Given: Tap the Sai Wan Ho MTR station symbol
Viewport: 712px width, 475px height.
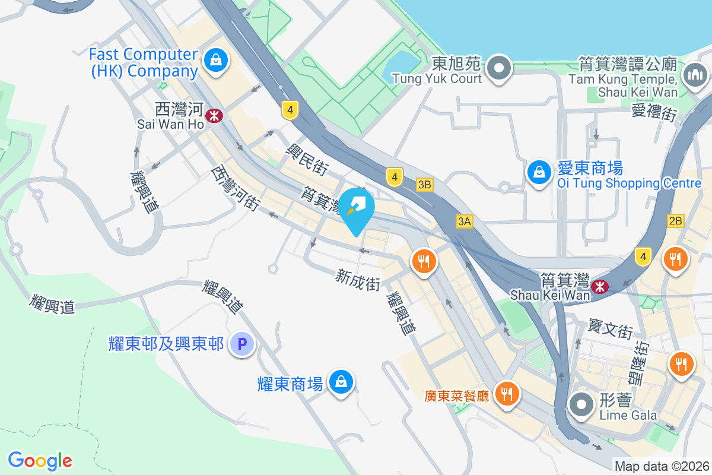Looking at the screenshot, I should pyautogui.click(x=214, y=115).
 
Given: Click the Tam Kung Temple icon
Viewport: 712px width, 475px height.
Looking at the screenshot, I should pyautogui.click(x=694, y=75).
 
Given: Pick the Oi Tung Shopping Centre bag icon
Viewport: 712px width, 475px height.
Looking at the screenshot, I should pyautogui.click(x=539, y=172).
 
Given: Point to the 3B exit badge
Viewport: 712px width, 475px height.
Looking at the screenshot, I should pyautogui.click(x=424, y=185).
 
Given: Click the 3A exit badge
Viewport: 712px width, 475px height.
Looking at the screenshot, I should pyautogui.click(x=464, y=221).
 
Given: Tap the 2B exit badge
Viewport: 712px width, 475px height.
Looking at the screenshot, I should pyautogui.click(x=675, y=221).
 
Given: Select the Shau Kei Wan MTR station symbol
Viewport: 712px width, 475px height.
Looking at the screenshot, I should pyautogui.click(x=600, y=287).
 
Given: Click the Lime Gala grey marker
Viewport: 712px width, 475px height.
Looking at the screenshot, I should pyautogui.click(x=581, y=405).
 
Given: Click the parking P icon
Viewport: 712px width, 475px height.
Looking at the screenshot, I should pyautogui.click(x=242, y=343).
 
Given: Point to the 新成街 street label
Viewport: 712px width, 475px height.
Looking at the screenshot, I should pyautogui.click(x=358, y=280).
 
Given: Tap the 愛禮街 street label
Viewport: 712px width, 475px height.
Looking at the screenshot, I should pyautogui.click(x=654, y=112).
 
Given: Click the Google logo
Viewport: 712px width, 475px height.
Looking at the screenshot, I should pyautogui.click(x=40, y=460).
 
